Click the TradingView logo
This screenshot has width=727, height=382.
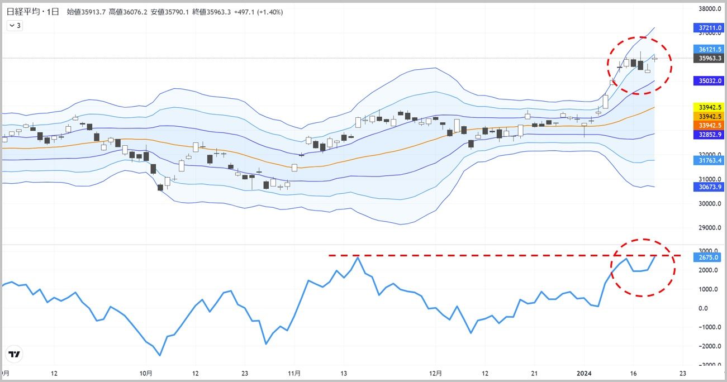pos(15,354)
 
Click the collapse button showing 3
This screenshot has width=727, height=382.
pos(15,25)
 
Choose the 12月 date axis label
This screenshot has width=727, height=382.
pos(436,373)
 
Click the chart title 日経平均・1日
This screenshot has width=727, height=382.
pos(33,12)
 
